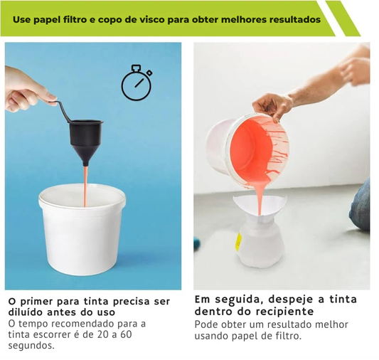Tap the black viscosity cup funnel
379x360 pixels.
(86, 139)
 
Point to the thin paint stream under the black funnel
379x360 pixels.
(85, 186)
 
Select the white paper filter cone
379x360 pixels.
(260, 208)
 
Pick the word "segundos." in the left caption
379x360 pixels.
(31, 346)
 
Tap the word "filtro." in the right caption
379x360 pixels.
(289, 336)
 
